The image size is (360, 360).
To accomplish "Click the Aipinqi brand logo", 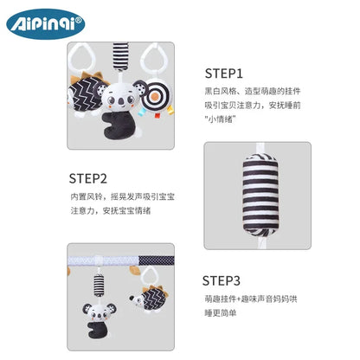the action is pyautogui.click(x=46, y=24).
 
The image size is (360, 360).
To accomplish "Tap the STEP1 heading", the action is pyautogui.click(x=224, y=74).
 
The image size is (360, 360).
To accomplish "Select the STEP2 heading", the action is pyautogui.click(x=88, y=178).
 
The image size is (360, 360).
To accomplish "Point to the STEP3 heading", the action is pyautogui.click(x=222, y=280).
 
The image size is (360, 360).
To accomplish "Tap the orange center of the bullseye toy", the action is pyautogui.click(x=157, y=95).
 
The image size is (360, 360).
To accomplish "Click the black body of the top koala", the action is pyautogui.click(x=116, y=125).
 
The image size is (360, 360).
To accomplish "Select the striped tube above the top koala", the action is pyautogui.click(x=120, y=56).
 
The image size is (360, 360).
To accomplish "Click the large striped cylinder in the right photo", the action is pyautogui.click(x=260, y=195).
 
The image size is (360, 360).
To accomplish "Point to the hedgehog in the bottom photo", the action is pyautogui.click(x=149, y=299).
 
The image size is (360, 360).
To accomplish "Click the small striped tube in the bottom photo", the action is pyautogui.click(x=99, y=286).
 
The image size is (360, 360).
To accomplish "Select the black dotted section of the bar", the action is pyautogui.click(x=157, y=260).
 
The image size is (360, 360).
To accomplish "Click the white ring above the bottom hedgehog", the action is pyautogui.click(x=149, y=277).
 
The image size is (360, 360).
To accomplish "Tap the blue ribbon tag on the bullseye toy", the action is pyautogui.click(x=142, y=112).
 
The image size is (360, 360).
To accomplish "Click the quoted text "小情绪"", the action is pyautogui.click(x=221, y=119).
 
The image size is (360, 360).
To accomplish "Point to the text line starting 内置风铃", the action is pyautogui.click(x=123, y=197).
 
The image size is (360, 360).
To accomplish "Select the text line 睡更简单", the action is pyautogui.click(x=221, y=313).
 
